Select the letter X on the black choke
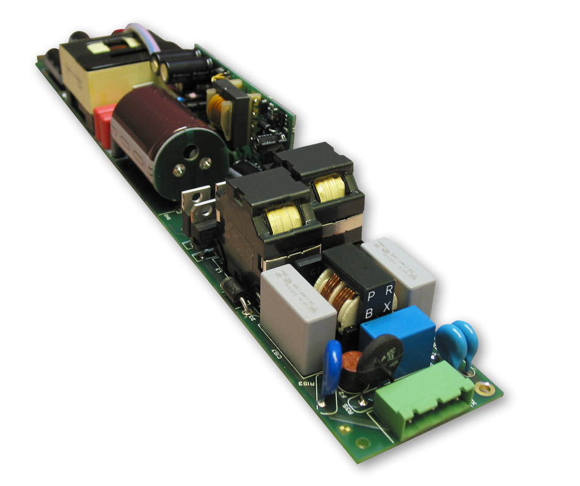[x=387, y=306]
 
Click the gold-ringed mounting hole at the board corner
[x=484, y=387]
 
